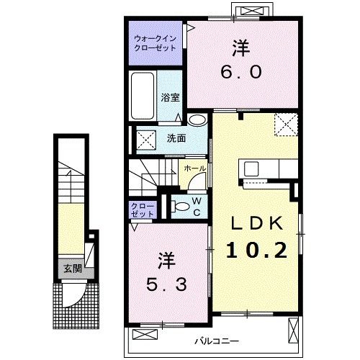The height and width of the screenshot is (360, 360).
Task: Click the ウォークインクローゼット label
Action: [x=156, y=43]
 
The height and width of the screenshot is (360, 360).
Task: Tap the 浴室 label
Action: [x=170, y=97]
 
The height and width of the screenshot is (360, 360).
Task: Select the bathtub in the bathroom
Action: [x=143, y=96]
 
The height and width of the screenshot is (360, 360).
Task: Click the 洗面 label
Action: [x=176, y=138]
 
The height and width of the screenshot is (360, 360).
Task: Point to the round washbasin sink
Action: [x=197, y=120]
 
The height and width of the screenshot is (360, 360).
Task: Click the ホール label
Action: [x=194, y=168]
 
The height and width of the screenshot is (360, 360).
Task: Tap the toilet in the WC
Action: [x=181, y=207]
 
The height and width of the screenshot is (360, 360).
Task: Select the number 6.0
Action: [x=241, y=72]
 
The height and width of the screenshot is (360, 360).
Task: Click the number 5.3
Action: [x=166, y=285]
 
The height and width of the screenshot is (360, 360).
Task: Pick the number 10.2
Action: [x=256, y=250]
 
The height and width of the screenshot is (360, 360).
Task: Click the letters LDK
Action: [x=257, y=223]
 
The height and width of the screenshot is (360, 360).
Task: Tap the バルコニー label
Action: [x=217, y=341]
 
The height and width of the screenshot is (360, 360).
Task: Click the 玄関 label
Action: [x=73, y=269]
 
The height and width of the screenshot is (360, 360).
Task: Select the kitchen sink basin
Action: [x=251, y=168]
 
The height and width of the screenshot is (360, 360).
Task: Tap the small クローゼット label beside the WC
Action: [x=143, y=210]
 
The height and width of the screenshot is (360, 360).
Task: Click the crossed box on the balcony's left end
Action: [x=145, y=334]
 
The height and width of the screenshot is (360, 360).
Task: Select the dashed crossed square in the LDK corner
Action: [x=286, y=125]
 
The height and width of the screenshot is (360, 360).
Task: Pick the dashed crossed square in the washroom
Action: [x=146, y=140]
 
